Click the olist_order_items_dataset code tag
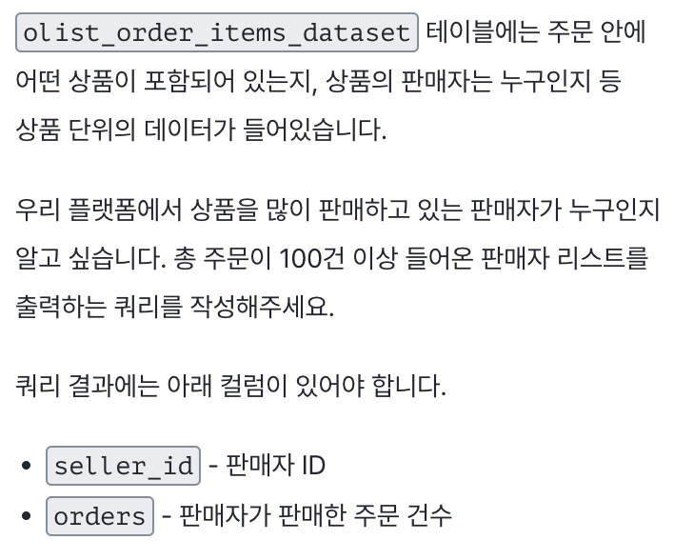click(217, 33)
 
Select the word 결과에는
click(110, 388)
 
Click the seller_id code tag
click(124, 467)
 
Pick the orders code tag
click(99, 515)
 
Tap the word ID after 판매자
click(313, 467)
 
